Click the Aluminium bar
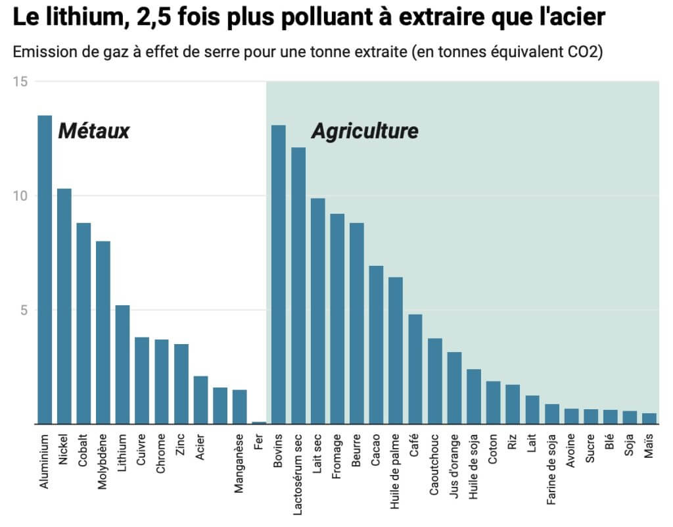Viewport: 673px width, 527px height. pos(45,270)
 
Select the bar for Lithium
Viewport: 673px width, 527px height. pos(122,364)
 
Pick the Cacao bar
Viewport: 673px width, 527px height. pos(376,345)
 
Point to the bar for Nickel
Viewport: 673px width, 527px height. pos(64,306)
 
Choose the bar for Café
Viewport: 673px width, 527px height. pos(415,369)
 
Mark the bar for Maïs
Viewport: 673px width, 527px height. pos(649,418)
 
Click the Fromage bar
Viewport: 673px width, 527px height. pos(337,318)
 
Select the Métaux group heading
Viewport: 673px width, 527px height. pos(93,132)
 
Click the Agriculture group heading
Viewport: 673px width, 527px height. pos(365,132)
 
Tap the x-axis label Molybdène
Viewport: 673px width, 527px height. pos(103,461)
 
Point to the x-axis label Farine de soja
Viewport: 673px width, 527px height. pos(551,469)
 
